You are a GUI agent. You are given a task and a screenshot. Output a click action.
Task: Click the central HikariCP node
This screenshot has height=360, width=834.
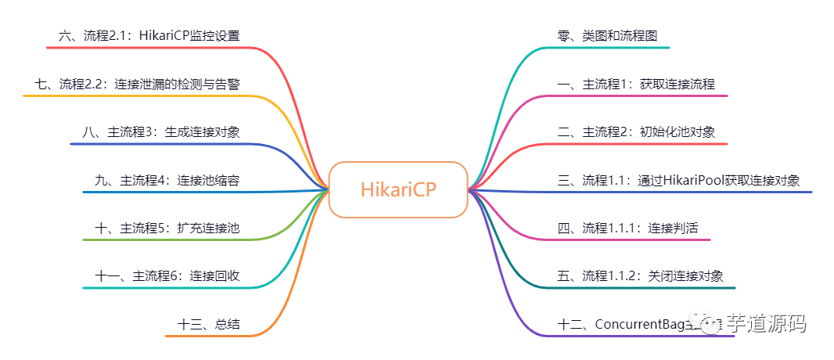398,189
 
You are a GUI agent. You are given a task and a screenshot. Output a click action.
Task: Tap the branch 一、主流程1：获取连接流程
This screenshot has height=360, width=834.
636,85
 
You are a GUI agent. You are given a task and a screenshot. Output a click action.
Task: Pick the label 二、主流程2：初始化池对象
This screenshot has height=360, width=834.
636,132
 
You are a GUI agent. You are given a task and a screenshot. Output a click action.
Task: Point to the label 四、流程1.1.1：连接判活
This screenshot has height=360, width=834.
627,229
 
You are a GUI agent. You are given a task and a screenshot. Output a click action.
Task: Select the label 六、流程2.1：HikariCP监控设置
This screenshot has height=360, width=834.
149,36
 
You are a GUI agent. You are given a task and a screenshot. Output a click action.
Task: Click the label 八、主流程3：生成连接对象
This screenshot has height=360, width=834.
160,132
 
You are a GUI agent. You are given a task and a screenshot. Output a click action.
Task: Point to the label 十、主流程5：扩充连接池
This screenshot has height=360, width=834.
167,229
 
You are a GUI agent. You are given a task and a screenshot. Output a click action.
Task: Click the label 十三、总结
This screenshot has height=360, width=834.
209,324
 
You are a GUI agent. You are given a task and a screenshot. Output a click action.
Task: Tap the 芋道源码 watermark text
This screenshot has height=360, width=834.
766,323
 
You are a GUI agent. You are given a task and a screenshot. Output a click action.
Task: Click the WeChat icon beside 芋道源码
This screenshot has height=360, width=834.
711,325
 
